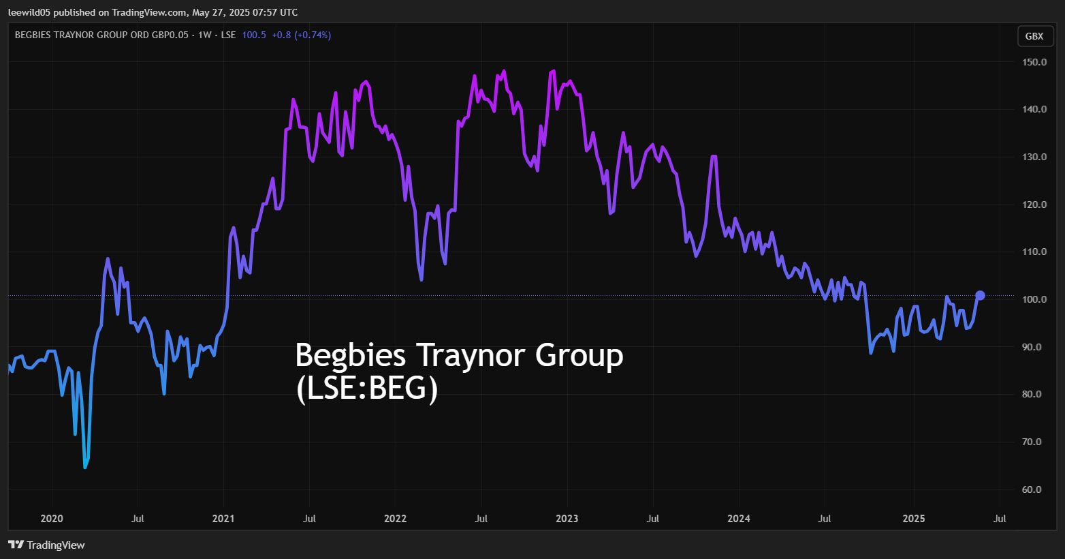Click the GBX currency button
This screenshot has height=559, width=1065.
click(1034, 36)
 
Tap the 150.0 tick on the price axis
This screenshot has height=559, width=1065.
click(1034, 62)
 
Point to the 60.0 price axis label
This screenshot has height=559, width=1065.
click(1034, 489)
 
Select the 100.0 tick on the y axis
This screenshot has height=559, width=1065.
click(1034, 299)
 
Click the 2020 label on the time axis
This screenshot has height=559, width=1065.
click(52, 519)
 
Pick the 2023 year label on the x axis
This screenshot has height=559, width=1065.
click(567, 519)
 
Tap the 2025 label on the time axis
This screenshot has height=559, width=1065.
click(914, 519)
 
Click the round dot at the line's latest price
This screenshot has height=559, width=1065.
click(980, 296)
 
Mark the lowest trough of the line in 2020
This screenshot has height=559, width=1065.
click(85, 468)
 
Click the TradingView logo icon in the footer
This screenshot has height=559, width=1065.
click(16, 545)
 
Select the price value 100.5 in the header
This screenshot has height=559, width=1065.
click(254, 35)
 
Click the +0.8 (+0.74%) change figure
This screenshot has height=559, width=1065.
click(302, 35)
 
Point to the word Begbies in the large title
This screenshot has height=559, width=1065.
click(351, 355)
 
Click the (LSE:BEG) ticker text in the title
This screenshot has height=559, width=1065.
click(366, 389)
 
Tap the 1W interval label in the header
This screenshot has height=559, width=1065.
click(205, 35)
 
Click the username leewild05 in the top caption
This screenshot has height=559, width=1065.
click(29, 12)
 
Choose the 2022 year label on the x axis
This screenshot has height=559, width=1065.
click(395, 519)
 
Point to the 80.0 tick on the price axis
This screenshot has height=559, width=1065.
click(1034, 394)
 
